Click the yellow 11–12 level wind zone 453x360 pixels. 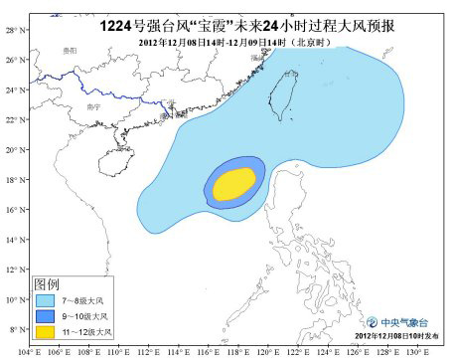(234, 183)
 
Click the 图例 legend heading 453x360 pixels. (48, 281)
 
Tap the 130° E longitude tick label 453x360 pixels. (416, 351)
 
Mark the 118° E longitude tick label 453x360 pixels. (237, 351)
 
